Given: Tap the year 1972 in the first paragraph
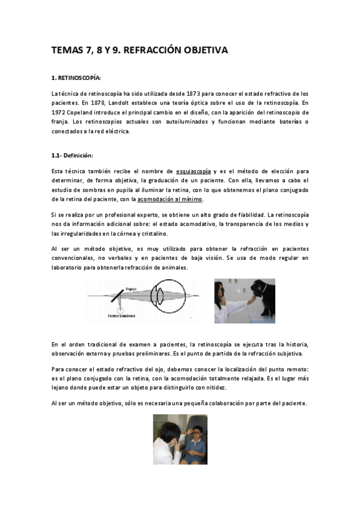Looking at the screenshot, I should (x=60, y=112).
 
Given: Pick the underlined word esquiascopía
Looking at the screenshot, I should (x=194, y=171).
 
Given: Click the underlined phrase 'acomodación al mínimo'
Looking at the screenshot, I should (x=170, y=199).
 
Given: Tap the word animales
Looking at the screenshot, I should (x=175, y=268).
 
